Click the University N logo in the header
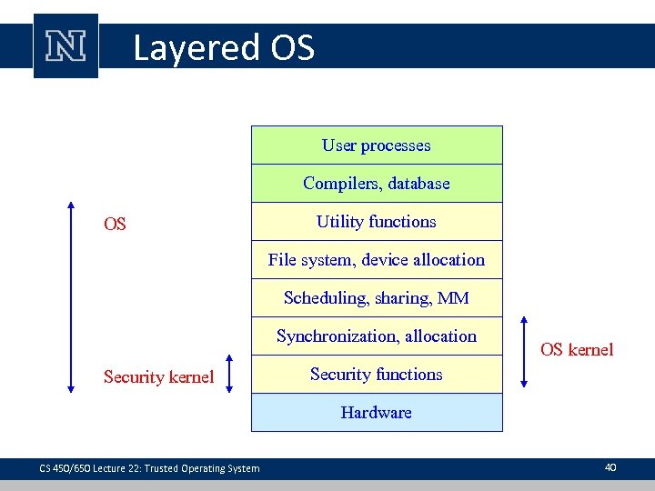pos(65,46)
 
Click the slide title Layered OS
pos(224,47)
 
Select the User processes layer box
pos(377,145)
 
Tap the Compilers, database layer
pos(377,184)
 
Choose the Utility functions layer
pos(377,222)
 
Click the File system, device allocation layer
pos(377,260)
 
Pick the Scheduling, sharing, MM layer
pos(377,298)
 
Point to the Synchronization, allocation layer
pos(377,336)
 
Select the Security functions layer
pos(377,375)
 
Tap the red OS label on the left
pos(115,224)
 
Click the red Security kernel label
pos(158,377)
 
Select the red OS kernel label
pos(577,350)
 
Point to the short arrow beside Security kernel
pos(228,374)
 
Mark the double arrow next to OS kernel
pos(523,352)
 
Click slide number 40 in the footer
pos(610,467)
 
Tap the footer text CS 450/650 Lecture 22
pos(149,468)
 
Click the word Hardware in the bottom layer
pos(377,413)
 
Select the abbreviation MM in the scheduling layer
pos(453,298)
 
